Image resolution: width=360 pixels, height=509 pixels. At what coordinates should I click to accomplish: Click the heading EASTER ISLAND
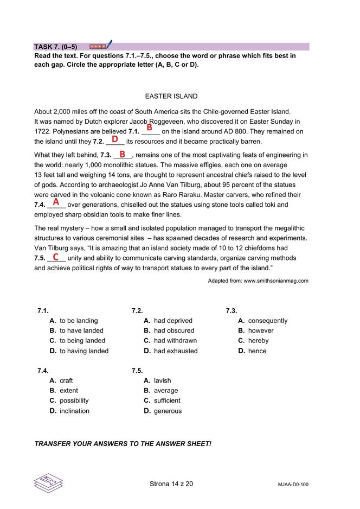click(171, 97)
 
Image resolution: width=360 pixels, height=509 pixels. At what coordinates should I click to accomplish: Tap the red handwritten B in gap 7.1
click(149, 128)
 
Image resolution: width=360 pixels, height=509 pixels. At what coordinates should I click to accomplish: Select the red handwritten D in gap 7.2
click(115, 139)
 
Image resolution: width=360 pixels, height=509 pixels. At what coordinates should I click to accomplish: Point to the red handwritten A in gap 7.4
click(56, 202)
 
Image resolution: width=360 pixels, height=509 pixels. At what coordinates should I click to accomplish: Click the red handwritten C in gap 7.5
click(56, 257)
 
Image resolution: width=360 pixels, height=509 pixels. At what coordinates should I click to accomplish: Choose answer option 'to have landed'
click(81, 330)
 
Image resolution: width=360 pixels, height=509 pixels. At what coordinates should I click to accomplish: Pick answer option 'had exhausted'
click(176, 351)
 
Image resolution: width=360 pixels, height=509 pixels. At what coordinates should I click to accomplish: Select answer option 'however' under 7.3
click(261, 330)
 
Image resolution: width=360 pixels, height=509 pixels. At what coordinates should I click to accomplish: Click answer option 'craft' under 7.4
click(66, 381)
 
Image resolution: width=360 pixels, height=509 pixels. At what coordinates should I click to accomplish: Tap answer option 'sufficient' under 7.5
click(167, 400)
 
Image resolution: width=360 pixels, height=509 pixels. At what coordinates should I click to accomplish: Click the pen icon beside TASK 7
click(109, 44)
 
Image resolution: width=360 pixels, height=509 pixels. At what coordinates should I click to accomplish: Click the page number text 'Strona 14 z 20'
click(171, 483)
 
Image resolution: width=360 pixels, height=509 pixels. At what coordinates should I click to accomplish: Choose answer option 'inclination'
click(74, 411)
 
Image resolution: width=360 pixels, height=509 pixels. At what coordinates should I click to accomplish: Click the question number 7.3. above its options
click(232, 311)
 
